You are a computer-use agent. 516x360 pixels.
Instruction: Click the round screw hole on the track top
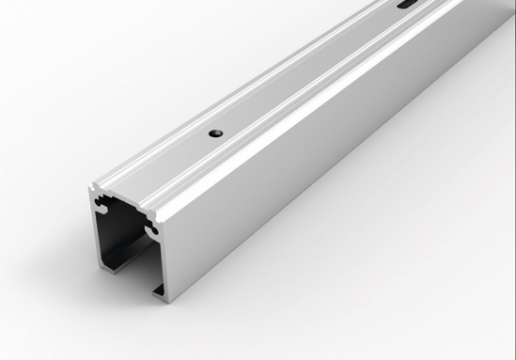(215, 133)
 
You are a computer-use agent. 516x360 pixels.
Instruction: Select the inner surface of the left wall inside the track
(108, 235)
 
